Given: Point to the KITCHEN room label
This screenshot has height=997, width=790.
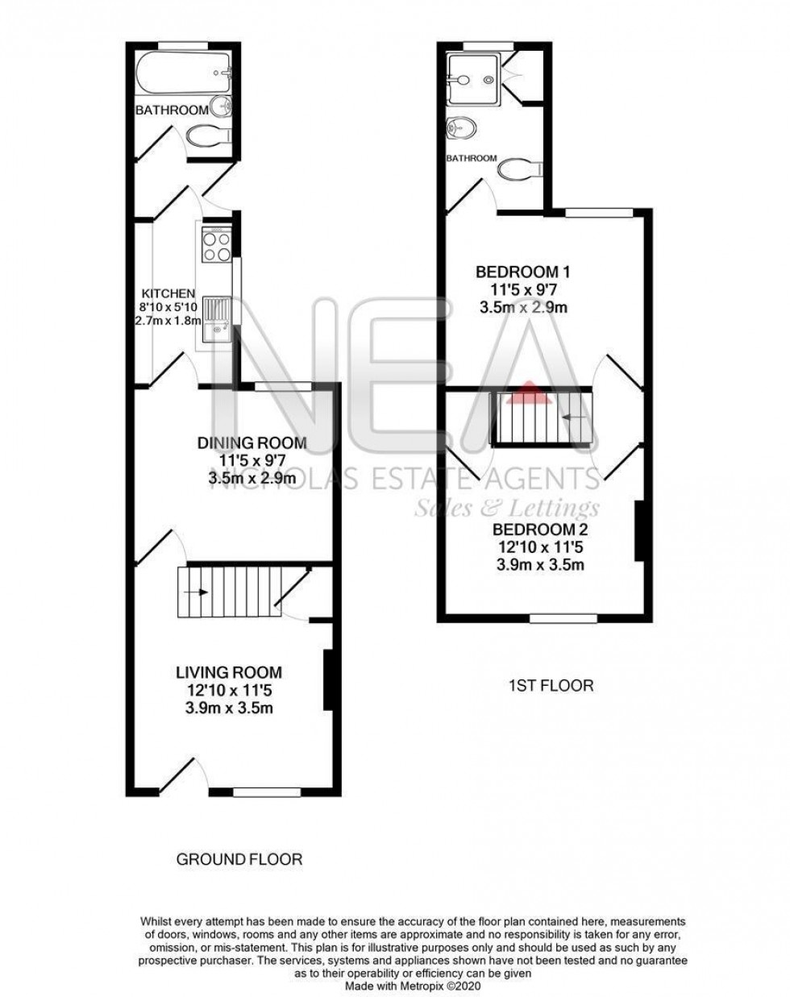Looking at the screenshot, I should point(168,293).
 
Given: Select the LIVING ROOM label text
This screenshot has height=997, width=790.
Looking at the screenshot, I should point(229,671).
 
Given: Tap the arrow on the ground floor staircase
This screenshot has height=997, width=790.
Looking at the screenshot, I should point(196,592).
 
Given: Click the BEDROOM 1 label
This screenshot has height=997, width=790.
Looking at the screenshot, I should point(528,271).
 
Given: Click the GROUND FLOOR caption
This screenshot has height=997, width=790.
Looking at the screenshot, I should point(239,860).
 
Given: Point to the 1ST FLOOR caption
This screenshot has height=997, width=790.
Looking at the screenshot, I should point(551,686).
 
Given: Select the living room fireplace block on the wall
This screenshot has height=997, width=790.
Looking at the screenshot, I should point(327,681).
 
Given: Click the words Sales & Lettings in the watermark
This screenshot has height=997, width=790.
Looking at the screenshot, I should point(506,508).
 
